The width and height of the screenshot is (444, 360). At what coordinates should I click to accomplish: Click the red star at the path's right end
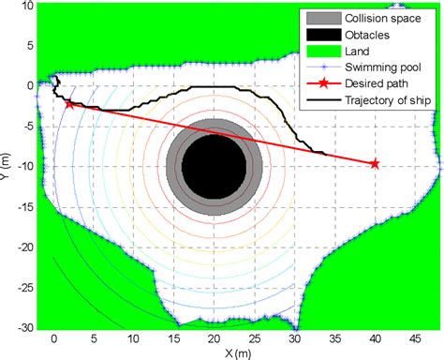click(375, 164)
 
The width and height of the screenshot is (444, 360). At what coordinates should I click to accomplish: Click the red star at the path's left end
click(70, 104)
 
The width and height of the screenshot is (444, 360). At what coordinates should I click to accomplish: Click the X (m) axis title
click(238, 352)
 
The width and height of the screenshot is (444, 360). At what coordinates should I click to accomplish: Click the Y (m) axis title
click(8, 167)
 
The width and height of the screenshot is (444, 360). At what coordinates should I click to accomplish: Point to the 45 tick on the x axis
click(415, 339)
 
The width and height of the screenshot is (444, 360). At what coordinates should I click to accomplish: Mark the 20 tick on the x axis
click(215, 339)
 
